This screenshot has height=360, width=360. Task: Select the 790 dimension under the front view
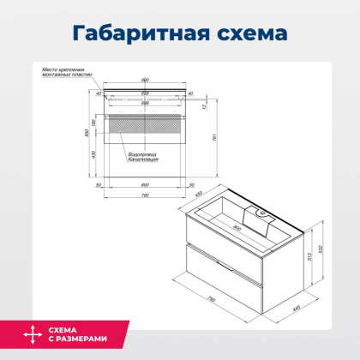pos(146,195)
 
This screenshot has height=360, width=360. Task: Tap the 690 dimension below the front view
pos(146,183)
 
